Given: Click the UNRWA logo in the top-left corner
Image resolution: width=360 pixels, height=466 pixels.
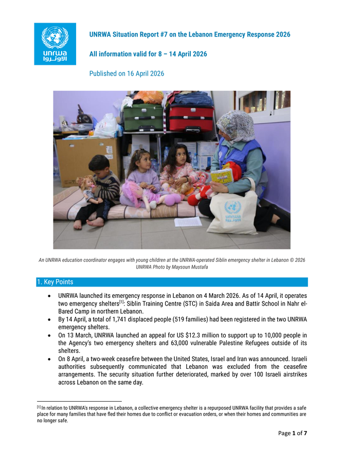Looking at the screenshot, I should (55, 44).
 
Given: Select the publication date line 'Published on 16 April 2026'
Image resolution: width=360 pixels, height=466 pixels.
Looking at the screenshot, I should (127, 74).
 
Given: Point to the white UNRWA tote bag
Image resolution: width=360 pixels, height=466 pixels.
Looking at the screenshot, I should (232, 213).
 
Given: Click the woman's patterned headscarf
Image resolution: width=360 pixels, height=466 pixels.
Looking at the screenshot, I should (235, 126).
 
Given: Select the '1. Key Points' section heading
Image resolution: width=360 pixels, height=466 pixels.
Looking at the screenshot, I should (55, 282).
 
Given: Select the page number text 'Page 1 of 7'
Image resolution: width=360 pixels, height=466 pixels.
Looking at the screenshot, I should (293, 433).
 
